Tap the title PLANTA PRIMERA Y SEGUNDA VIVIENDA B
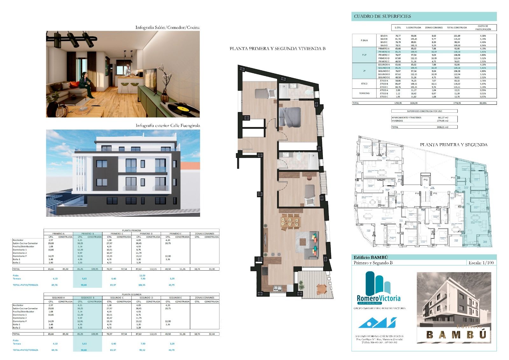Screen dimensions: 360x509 point(277,49)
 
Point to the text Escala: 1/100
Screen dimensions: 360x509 point(481,263)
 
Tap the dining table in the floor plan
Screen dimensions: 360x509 point(290,220)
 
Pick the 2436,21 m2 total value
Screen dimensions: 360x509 point(443,127)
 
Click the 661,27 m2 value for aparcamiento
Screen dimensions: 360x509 point(443,117)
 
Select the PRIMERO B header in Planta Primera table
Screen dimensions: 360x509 point(87,234)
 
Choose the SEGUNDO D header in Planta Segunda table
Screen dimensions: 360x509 point(145,298)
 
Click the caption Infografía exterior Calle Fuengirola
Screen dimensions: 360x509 point(168,126)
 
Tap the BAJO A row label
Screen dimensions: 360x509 point(384,36)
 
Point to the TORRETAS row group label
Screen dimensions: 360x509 point(364,94)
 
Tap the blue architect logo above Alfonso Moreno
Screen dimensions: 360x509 point(377,323)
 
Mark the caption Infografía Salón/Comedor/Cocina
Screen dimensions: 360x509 point(167,27)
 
